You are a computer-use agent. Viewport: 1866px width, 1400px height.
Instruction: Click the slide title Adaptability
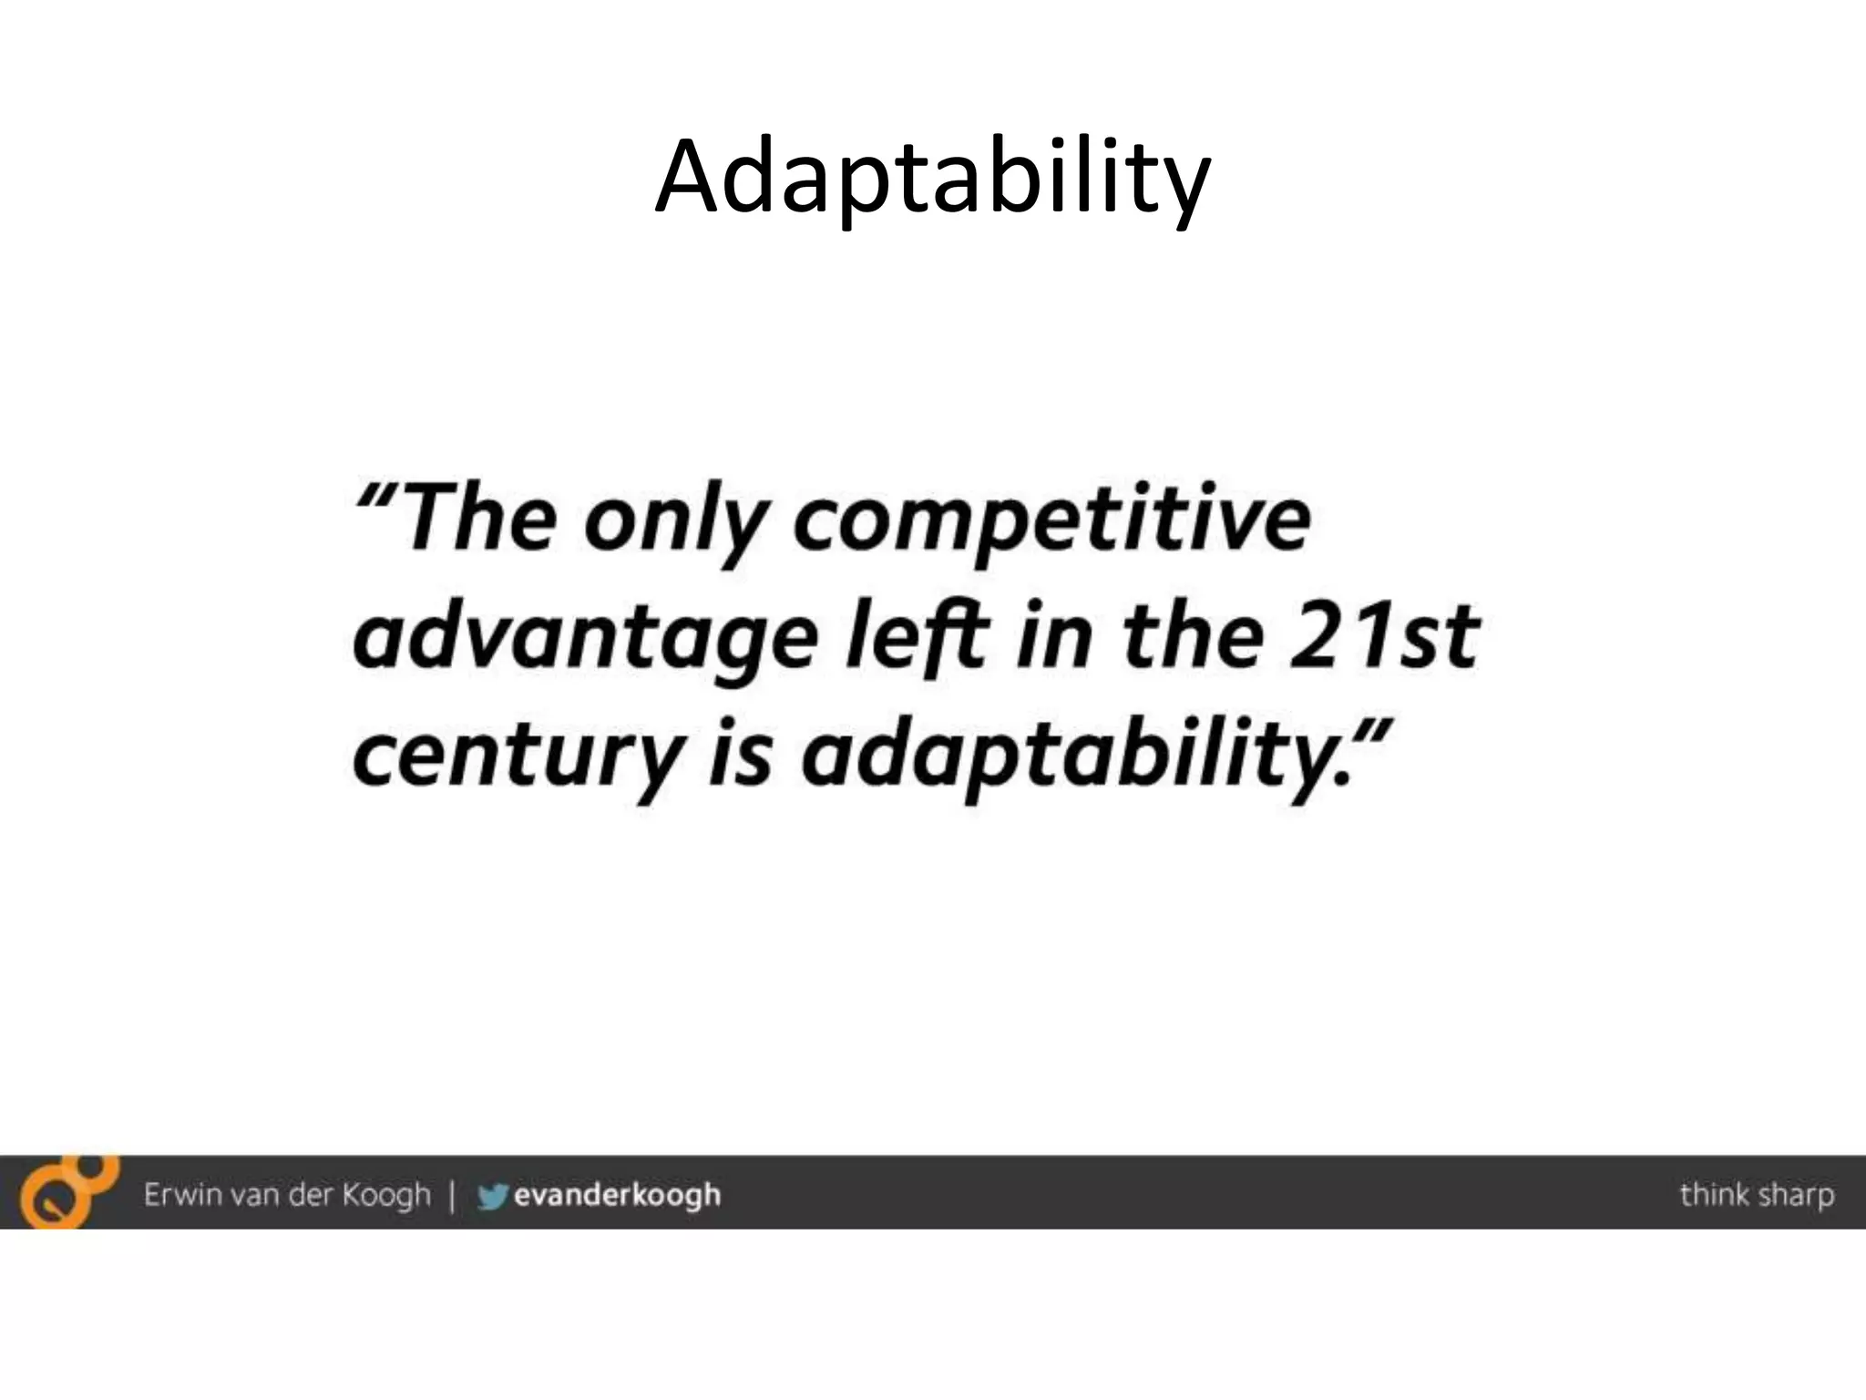pyautogui.click(x=932, y=178)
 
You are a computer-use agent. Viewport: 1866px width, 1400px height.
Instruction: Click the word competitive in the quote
pyautogui.click(x=1051, y=521)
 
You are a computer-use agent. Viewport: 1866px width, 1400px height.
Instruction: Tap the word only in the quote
pyautogui.click(x=672, y=521)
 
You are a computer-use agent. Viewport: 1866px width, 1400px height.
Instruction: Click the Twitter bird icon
pyautogui.click(x=491, y=1195)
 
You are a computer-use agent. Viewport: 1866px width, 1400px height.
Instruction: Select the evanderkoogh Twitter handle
pyautogui.click(x=617, y=1194)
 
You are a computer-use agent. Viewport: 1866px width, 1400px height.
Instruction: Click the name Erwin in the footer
pyautogui.click(x=182, y=1193)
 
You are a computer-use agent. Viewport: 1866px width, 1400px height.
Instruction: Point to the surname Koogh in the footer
pyautogui.click(x=385, y=1195)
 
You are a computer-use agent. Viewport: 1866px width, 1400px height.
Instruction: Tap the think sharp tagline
pyautogui.click(x=1756, y=1194)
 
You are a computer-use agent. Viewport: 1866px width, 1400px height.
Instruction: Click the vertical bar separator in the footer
pyautogui.click(x=452, y=1194)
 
